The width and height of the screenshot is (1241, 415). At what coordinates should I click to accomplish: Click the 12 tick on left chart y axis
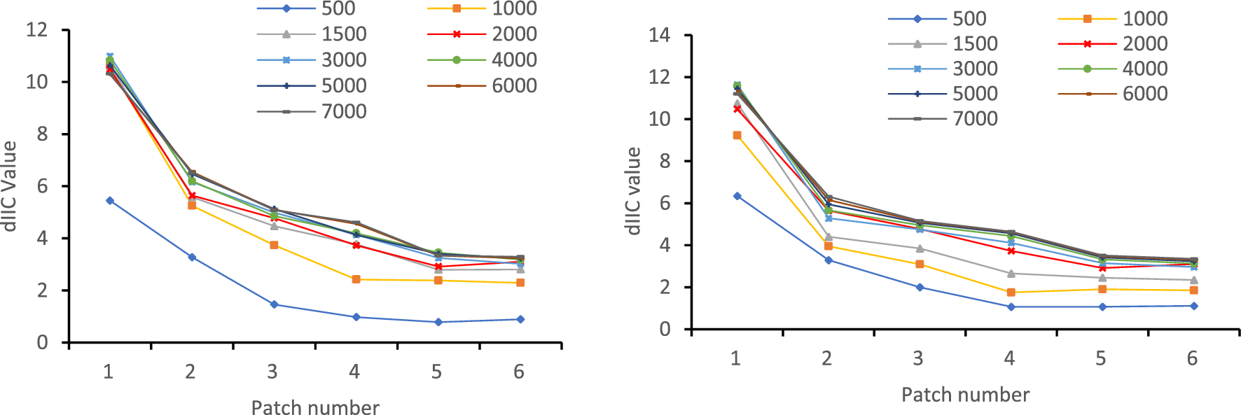[36, 29]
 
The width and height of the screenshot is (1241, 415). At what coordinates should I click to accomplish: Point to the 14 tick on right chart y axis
[659, 35]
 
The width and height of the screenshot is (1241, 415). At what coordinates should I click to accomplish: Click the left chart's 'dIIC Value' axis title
[9, 186]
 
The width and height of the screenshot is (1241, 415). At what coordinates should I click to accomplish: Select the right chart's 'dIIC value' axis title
[633, 190]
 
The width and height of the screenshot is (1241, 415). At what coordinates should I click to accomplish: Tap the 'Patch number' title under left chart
[315, 407]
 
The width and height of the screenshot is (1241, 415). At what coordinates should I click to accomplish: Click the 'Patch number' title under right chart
[965, 395]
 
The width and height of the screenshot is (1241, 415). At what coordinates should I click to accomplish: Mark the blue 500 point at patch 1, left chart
[110, 200]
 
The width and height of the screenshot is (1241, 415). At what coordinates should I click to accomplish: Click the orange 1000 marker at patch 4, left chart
[356, 279]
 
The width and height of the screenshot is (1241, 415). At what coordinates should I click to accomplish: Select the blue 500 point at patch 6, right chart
[1193, 306]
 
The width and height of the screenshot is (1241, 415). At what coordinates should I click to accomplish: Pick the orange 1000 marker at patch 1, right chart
[737, 135]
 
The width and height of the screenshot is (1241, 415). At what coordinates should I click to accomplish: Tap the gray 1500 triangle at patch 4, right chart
[1011, 273]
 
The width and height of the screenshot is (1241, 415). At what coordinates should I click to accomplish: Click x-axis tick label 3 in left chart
[272, 372]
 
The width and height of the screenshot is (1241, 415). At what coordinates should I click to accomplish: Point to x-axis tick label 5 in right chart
[1101, 358]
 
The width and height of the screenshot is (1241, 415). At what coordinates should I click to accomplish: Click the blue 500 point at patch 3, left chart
[274, 304]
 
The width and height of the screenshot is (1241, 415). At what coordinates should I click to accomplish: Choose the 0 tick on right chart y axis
[665, 329]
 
